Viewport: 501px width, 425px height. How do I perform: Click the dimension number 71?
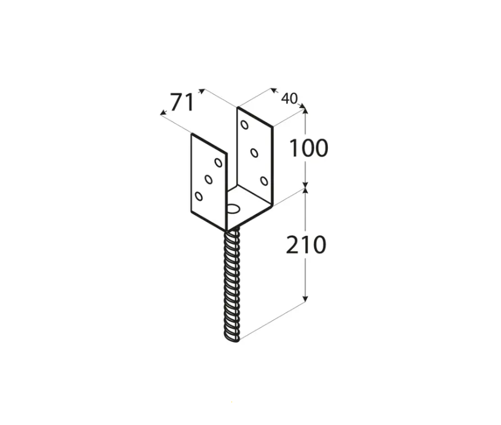coord(182,102)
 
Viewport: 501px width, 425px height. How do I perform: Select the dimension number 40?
coord(289,99)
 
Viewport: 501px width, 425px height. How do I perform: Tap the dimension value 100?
coord(309,148)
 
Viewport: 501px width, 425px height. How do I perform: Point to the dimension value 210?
coord(306,244)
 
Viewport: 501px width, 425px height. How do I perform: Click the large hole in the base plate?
coord(234,209)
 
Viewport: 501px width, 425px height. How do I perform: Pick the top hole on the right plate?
coord(244,124)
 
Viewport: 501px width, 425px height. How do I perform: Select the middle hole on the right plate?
coord(254,153)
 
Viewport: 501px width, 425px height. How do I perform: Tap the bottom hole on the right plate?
coord(264,181)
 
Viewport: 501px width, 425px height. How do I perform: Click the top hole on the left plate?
coord(218,163)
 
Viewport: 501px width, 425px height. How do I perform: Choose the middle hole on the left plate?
coord(208,179)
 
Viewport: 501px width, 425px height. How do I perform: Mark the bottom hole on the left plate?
coord(198,196)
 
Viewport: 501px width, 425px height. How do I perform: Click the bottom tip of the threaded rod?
coord(232,341)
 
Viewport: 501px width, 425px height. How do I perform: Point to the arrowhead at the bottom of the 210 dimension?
coord(306,298)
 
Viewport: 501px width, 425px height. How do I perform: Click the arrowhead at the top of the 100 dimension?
coord(306,111)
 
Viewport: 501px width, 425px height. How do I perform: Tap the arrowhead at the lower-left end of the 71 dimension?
coord(163,112)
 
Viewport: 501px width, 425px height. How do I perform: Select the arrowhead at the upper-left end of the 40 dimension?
coord(273,90)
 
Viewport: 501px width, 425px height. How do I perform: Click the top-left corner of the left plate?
coord(192,134)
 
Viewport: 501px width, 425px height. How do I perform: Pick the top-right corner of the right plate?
coord(273,127)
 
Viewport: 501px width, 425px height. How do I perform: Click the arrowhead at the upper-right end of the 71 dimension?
coord(201,91)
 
